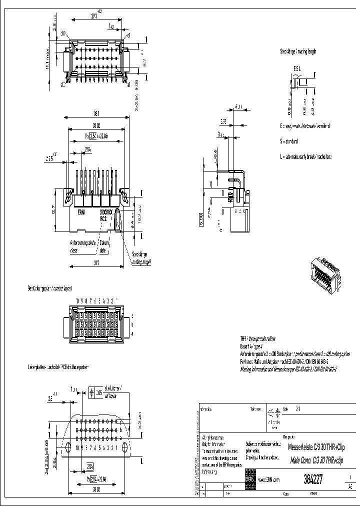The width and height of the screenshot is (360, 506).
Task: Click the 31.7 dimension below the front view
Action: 95,261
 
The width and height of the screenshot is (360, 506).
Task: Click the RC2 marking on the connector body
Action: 104,218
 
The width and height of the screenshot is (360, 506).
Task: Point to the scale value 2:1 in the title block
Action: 298,408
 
